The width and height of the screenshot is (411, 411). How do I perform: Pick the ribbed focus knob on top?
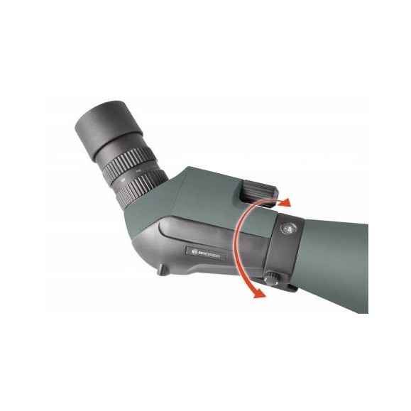pos(257,190)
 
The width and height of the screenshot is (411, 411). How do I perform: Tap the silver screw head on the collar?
pos(287,229)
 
